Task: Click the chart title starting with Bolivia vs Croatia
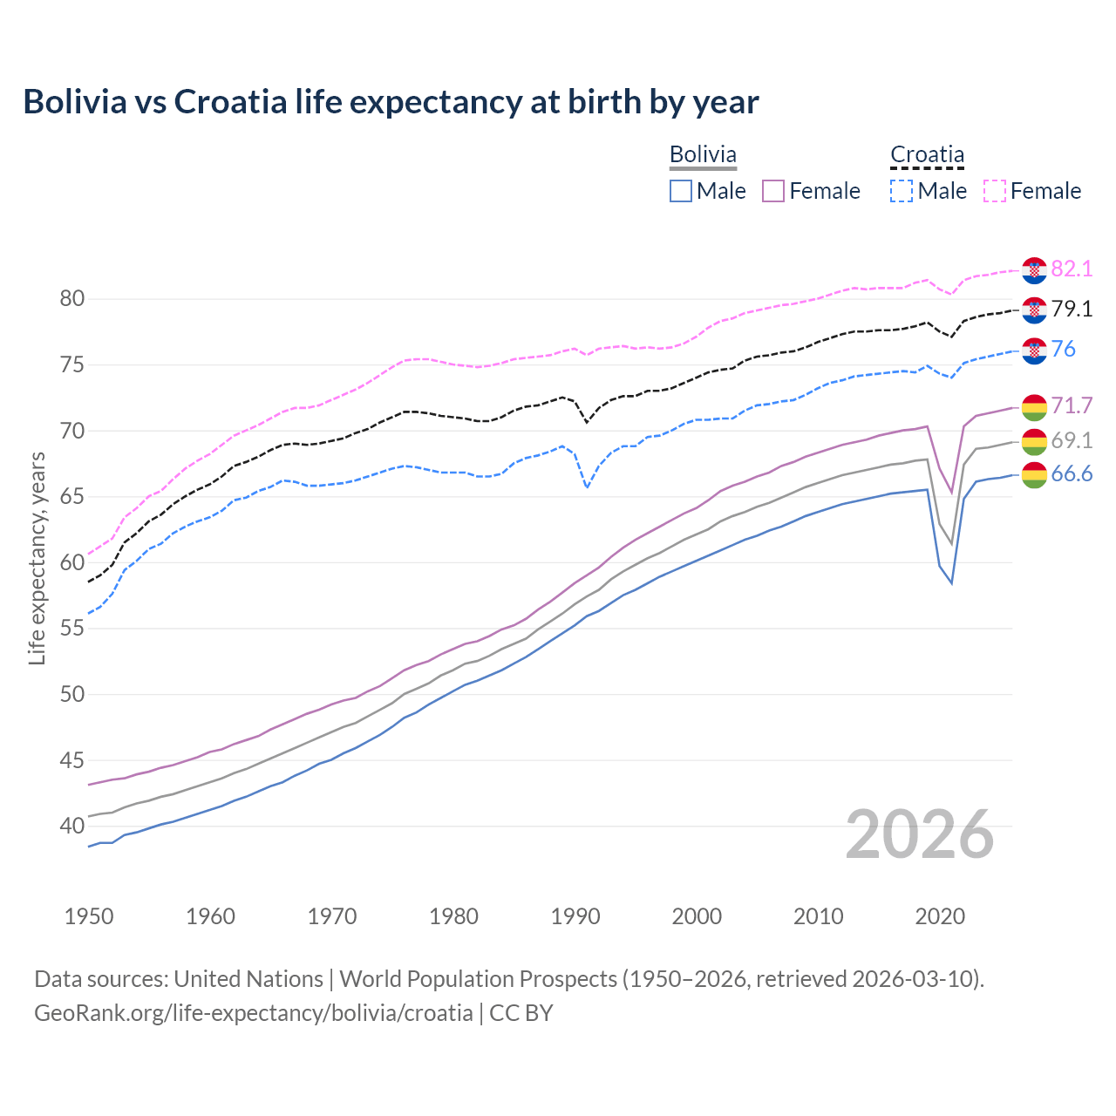(x=391, y=102)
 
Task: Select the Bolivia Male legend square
(x=681, y=191)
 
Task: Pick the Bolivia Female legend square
(x=774, y=191)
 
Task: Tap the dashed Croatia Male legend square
(x=902, y=191)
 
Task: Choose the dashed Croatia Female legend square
(x=995, y=191)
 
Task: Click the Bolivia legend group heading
(x=703, y=154)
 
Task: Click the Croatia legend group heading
(x=927, y=154)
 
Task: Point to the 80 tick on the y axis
(x=72, y=299)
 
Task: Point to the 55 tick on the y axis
(x=72, y=629)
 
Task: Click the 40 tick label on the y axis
(x=72, y=826)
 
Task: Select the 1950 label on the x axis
(x=89, y=916)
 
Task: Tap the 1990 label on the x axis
(x=575, y=916)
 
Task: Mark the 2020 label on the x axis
(x=940, y=916)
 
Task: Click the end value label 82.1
(x=1072, y=269)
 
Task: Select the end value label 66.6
(x=1072, y=474)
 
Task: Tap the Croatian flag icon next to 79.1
(x=1034, y=310)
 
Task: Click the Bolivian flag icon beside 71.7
(x=1034, y=406)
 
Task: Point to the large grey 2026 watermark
(x=920, y=834)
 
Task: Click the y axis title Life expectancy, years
(x=37, y=558)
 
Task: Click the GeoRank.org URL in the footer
(x=253, y=1013)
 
